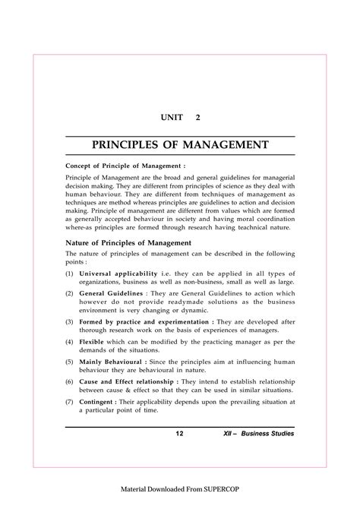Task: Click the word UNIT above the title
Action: click(172, 119)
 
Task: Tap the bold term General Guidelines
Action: click(113, 292)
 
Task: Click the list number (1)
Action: click(69, 273)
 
